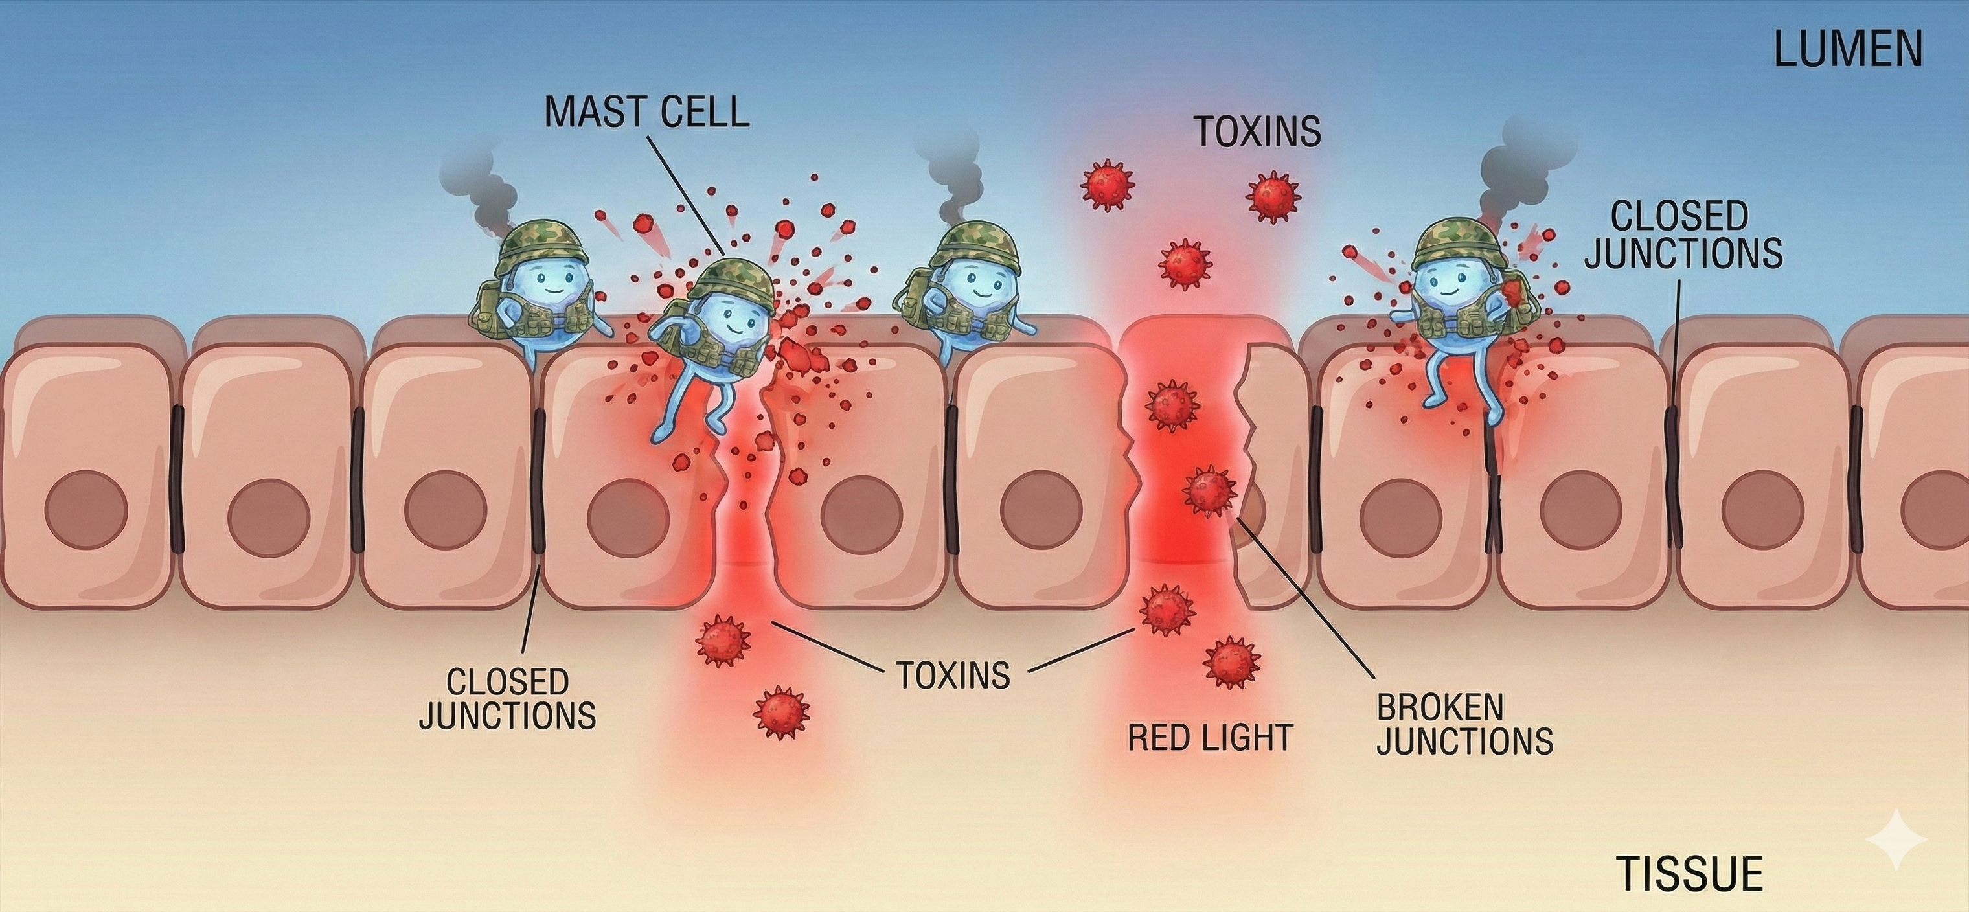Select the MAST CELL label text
(x=646, y=112)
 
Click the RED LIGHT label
(x=1210, y=738)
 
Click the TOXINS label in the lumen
(x=1257, y=131)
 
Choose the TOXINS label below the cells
(x=952, y=675)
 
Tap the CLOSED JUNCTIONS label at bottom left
(x=508, y=699)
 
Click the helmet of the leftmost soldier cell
(x=540, y=243)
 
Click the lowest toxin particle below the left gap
(x=780, y=712)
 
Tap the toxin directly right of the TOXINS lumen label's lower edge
(x=1273, y=196)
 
